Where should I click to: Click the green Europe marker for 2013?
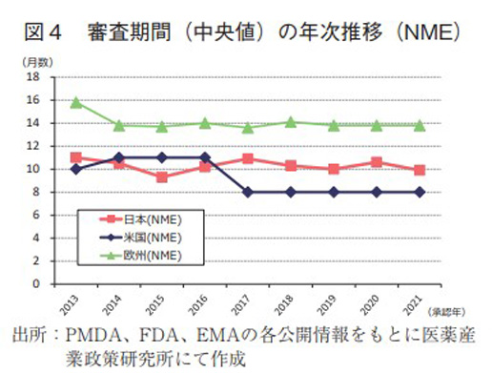pyautogui.click(x=76, y=102)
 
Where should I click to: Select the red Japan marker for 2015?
pyautogui.click(x=163, y=176)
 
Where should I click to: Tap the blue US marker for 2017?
pyautogui.click(x=248, y=192)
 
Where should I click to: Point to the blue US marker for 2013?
pyautogui.click(x=76, y=169)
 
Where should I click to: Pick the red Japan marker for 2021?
pyautogui.click(x=420, y=170)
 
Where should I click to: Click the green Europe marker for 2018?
pyautogui.click(x=291, y=122)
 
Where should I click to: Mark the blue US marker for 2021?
pyautogui.click(x=420, y=192)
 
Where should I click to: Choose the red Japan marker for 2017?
pyautogui.click(x=248, y=158)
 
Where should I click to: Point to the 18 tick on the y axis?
pyautogui.click(x=33, y=76)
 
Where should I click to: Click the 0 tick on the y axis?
pyautogui.click(x=36, y=283)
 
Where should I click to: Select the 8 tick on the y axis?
pyautogui.click(x=36, y=192)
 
